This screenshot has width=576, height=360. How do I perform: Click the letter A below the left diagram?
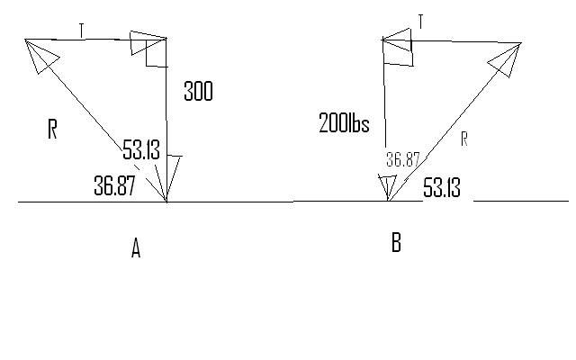(x=136, y=248)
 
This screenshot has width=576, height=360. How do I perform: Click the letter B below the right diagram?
(x=396, y=242)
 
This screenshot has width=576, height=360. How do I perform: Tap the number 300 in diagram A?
(x=198, y=91)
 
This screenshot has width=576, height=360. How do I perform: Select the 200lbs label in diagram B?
(x=344, y=122)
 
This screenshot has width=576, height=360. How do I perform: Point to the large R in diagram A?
(x=52, y=129)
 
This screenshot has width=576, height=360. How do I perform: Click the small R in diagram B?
(x=464, y=139)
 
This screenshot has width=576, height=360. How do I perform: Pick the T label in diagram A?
(x=82, y=30)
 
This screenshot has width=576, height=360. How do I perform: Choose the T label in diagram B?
(x=420, y=22)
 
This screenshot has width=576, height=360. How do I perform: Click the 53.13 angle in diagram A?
(x=141, y=149)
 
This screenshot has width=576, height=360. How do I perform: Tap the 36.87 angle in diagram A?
(x=114, y=185)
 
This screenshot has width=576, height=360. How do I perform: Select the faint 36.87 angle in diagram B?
(x=402, y=160)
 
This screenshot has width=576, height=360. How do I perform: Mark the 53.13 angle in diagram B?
(x=442, y=187)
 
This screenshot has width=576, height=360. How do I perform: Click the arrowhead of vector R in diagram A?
(x=40, y=54)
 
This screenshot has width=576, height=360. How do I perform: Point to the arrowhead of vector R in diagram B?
(x=507, y=58)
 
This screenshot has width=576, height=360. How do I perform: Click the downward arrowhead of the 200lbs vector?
(x=388, y=187)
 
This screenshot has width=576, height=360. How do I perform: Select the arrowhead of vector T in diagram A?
(x=147, y=42)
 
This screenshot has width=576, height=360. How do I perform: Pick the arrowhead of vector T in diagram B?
(x=398, y=40)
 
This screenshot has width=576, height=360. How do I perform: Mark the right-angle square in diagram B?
(x=398, y=52)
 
